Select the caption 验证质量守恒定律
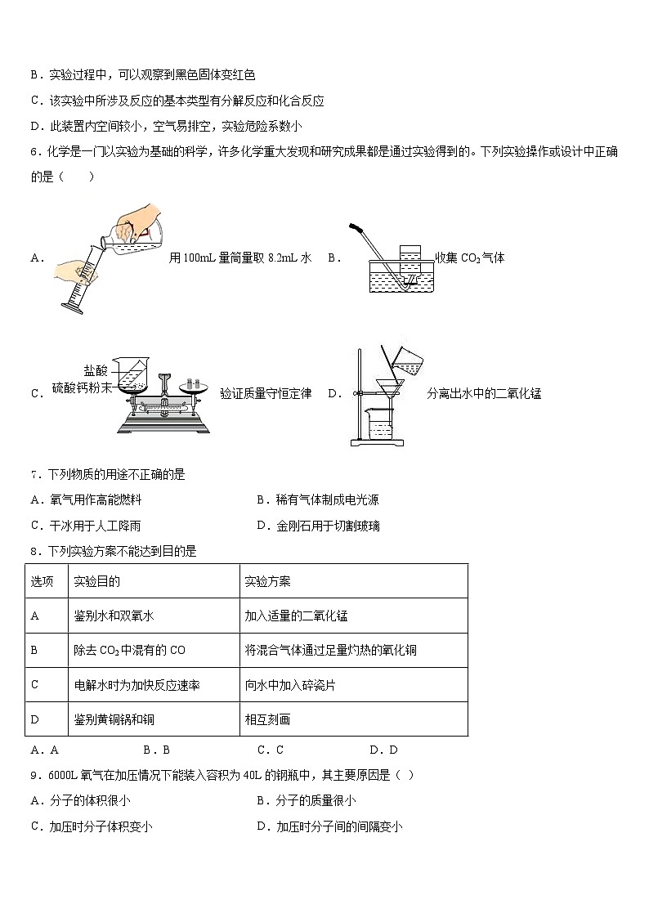tap(265, 393)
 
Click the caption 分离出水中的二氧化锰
tap(484, 393)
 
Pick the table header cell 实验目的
tap(97, 581)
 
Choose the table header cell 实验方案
tap(267, 581)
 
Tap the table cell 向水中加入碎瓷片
tap(290, 685)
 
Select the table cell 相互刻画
tap(267, 719)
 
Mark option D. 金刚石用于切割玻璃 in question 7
tap(318, 526)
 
